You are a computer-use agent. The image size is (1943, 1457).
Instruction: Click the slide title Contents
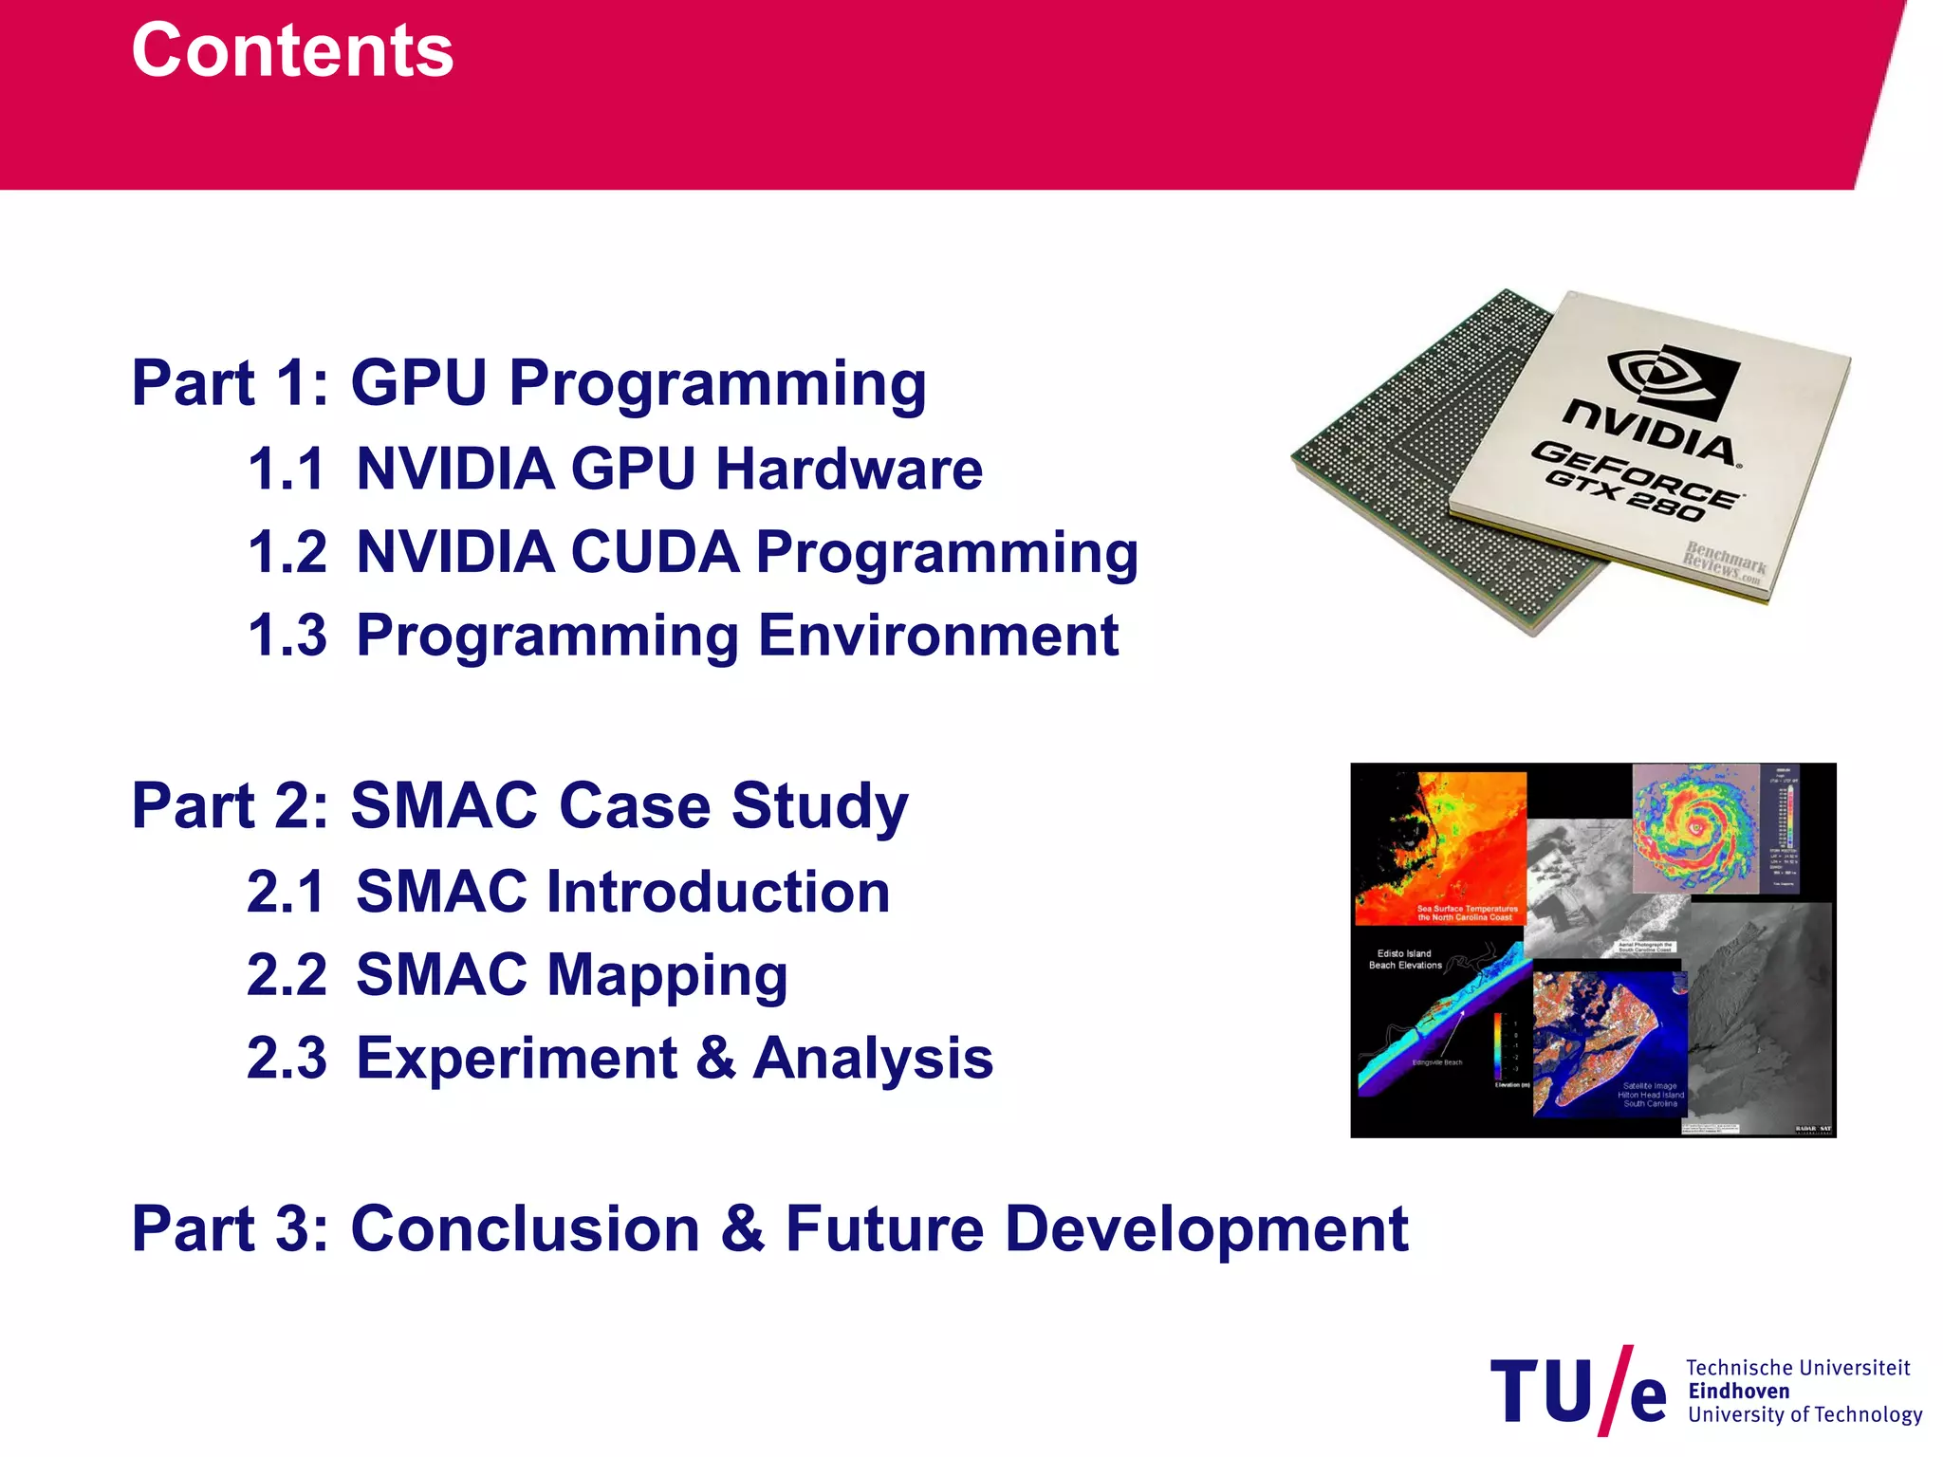point(292,50)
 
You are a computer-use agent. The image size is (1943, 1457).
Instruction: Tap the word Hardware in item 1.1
point(849,469)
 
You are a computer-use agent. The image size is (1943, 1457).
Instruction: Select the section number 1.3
point(287,635)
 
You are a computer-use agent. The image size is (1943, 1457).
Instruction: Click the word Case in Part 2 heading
point(635,805)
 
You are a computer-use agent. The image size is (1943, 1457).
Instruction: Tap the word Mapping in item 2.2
point(667,975)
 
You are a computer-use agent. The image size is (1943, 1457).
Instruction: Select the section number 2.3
point(287,1058)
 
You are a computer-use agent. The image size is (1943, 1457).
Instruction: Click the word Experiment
point(517,1058)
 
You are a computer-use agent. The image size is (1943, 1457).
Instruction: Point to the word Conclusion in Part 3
point(526,1228)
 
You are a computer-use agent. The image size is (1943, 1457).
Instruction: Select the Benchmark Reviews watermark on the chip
point(1724,563)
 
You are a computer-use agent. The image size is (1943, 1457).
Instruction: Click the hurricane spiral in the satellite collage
point(1695,827)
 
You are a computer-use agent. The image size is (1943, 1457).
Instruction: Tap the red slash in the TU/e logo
point(1616,1391)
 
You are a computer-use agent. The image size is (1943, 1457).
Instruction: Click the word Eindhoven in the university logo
point(1738,1391)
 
